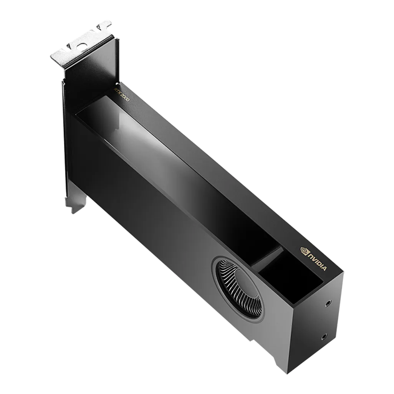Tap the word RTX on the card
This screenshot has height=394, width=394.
(x=117, y=89)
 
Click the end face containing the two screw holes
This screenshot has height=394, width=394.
(x=317, y=323)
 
